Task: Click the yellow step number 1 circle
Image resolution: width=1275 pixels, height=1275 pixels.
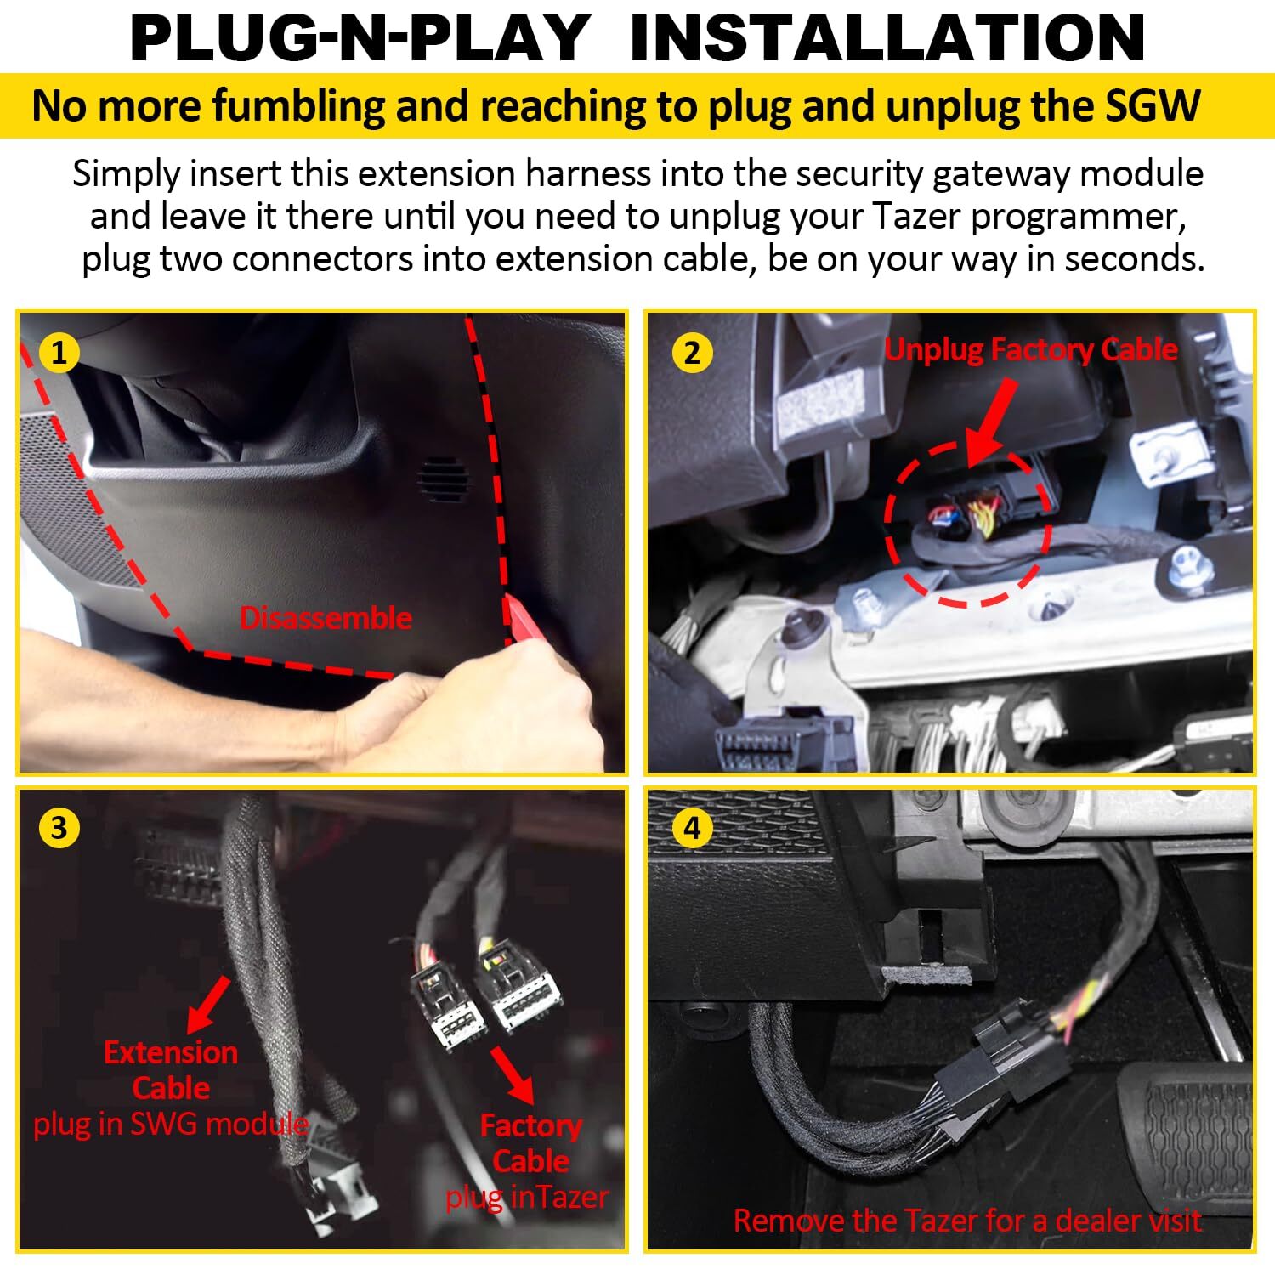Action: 59,352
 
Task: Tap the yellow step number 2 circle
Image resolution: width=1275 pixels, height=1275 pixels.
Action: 692,352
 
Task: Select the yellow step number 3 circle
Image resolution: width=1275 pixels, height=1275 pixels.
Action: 59,827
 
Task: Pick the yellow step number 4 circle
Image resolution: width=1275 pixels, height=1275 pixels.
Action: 692,827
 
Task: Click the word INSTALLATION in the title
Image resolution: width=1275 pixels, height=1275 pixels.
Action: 887,37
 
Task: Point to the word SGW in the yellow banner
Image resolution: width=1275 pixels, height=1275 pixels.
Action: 1153,106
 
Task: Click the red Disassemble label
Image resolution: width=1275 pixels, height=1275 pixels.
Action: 326,618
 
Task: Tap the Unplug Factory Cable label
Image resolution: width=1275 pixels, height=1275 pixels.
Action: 1031,349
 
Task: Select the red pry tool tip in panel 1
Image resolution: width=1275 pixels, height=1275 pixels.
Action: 516,619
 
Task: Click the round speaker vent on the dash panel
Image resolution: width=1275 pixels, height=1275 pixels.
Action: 443,480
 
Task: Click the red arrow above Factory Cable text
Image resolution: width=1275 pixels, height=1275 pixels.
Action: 513,1075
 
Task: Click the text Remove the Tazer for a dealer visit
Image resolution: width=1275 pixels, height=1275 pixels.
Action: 967,1221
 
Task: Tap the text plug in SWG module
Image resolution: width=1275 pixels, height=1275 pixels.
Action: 170,1125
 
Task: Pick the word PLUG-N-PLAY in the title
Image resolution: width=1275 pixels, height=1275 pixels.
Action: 360,37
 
